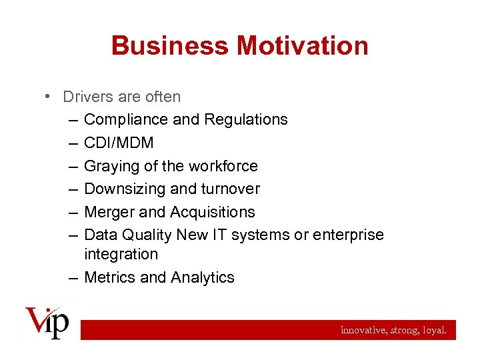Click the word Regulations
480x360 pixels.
pos(245,120)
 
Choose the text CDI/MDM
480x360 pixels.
pos(119,143)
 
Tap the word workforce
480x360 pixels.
pos(223,166)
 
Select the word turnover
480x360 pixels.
pos(231,189)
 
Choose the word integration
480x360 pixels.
pos(121,254)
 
